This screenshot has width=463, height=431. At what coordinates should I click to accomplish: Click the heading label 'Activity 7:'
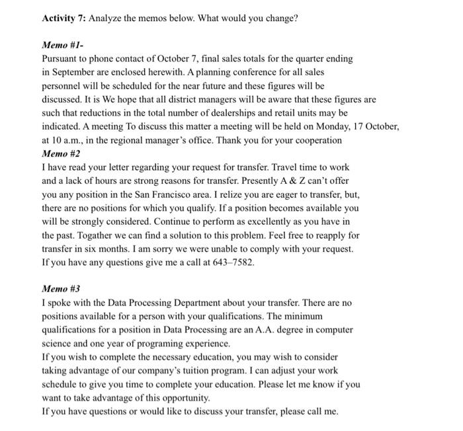[63, 18]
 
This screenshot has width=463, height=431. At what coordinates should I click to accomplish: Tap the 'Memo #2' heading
[61, 153]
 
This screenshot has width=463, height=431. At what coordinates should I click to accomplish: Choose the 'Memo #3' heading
[61, 289]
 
